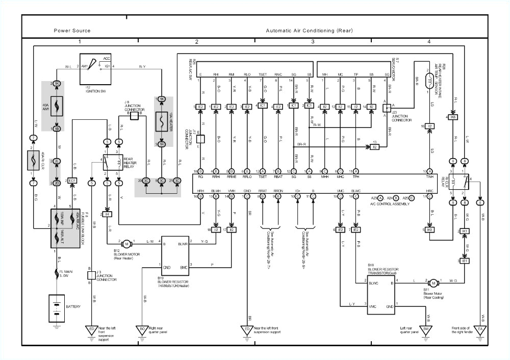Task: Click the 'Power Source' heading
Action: pos(72,31)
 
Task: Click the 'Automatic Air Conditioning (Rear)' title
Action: pos(309,31)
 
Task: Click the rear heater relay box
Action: pos(113,162)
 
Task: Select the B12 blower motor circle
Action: pos(126,244)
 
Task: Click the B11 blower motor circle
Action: pos(432,282)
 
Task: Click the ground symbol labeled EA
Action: pos(480,331)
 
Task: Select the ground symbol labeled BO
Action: pos(142,331)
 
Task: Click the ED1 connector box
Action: pos(72,181)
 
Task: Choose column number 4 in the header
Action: pos(429,41)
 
